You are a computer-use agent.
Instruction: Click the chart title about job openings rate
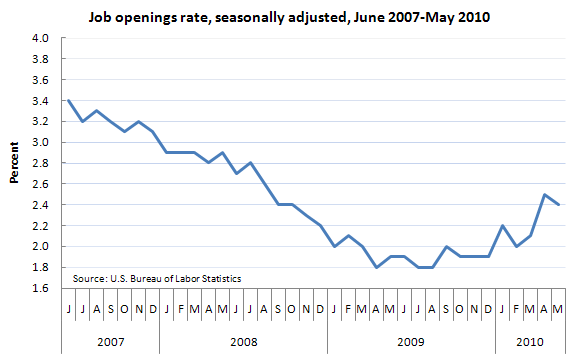click(290, 17)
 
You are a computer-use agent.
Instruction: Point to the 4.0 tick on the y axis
click(41, 38)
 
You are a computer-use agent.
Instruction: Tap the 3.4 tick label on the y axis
click(41, 101)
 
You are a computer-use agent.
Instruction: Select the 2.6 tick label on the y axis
click(41, 184)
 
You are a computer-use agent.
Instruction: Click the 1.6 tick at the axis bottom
click(41, 288)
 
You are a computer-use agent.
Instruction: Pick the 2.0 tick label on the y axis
click(41, 246)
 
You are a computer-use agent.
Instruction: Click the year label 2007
click(110, 342)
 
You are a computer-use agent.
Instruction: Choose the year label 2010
click(530, 342)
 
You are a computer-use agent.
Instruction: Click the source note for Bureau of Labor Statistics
click(157, 278)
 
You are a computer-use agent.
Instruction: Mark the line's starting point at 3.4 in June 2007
click(68, 100)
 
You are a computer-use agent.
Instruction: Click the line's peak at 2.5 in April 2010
click(543, 194)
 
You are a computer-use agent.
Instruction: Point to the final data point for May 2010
click(557, 205)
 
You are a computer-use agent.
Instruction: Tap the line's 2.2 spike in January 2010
click(501, 225)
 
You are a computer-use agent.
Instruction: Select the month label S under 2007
click(110, 309)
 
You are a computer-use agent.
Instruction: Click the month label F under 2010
click(515, 309)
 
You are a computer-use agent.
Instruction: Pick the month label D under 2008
click(319, 309)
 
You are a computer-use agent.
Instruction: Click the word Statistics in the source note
click(218, 278)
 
